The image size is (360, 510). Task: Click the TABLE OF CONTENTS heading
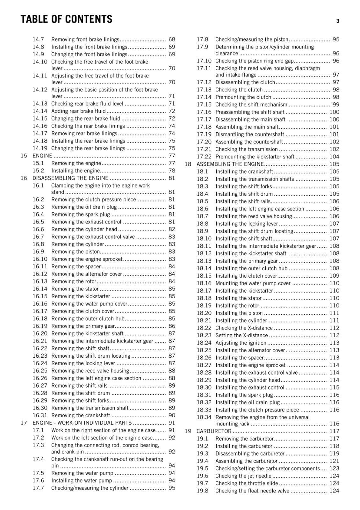tap(66, 19)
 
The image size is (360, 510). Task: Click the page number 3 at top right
tap(338, 21)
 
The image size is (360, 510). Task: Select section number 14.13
tap(40, 104)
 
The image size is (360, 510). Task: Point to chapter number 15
tap(24, 156)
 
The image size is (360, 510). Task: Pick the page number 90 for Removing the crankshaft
tap(172, 415)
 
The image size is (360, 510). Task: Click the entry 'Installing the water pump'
tap(82, 480)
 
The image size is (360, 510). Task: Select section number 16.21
tap(40, 341)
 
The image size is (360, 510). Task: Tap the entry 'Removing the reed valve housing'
tap(90, 371)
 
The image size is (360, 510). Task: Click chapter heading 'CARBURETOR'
tap(214, 431)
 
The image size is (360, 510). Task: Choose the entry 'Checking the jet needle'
tap(243, 476)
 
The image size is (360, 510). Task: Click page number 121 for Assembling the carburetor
tap(334, 461)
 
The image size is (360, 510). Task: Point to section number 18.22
tap(204, 328)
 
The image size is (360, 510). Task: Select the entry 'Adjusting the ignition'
tap(241, 343)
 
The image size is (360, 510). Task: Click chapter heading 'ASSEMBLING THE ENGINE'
tap(230, 164)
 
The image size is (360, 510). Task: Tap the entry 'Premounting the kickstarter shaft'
tap(255, 157)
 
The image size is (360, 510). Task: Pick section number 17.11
tap(204, 68)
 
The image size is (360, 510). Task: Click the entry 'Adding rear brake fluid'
tap(78, 111)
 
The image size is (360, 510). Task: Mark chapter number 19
tap(188, 431)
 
